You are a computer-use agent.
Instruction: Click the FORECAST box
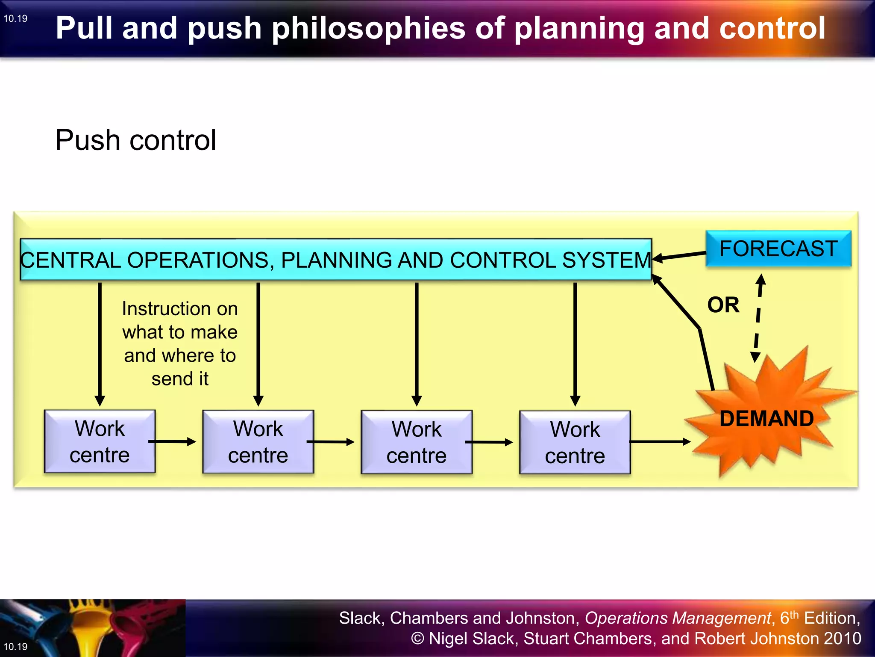tap(778, 249)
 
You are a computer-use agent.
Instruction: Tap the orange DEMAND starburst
tap(765, 417)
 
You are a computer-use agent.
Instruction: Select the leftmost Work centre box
tap(100, 441)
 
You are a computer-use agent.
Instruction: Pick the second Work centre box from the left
tap(258, 442)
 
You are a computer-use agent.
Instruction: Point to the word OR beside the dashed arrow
tap(723, 305)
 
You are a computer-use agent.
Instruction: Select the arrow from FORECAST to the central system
tap(679, 256)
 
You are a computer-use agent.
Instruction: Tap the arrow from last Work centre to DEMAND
tap(660, 441)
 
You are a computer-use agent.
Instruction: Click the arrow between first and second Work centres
tap(172, 441)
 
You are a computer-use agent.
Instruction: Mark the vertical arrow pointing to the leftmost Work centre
tap(100, 342)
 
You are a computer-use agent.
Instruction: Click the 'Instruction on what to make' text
tap(180, 343)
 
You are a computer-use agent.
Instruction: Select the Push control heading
tap(135, 140)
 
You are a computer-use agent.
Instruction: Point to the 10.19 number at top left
tap(15, 18)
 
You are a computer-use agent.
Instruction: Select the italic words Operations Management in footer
tap(678, 618)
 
